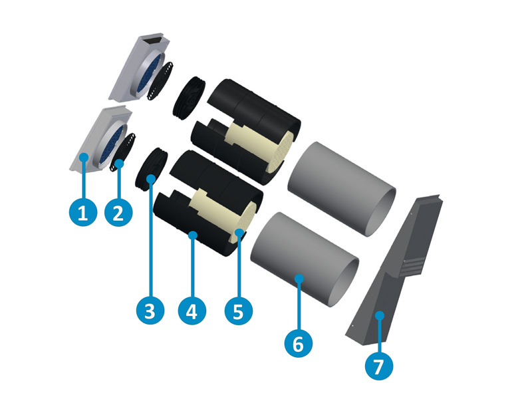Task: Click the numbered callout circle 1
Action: tap(82, 213)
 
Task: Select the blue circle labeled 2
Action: tap(118, 213)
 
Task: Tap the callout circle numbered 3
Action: tap(150, 309)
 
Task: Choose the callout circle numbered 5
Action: tap(237, 309)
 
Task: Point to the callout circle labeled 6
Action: tap(299, 344)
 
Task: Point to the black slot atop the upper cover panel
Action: tap(153, 41)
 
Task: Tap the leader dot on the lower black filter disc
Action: tap(151, 178)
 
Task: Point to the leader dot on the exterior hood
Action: tap(380, 315)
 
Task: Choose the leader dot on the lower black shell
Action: tap(193, 234)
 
